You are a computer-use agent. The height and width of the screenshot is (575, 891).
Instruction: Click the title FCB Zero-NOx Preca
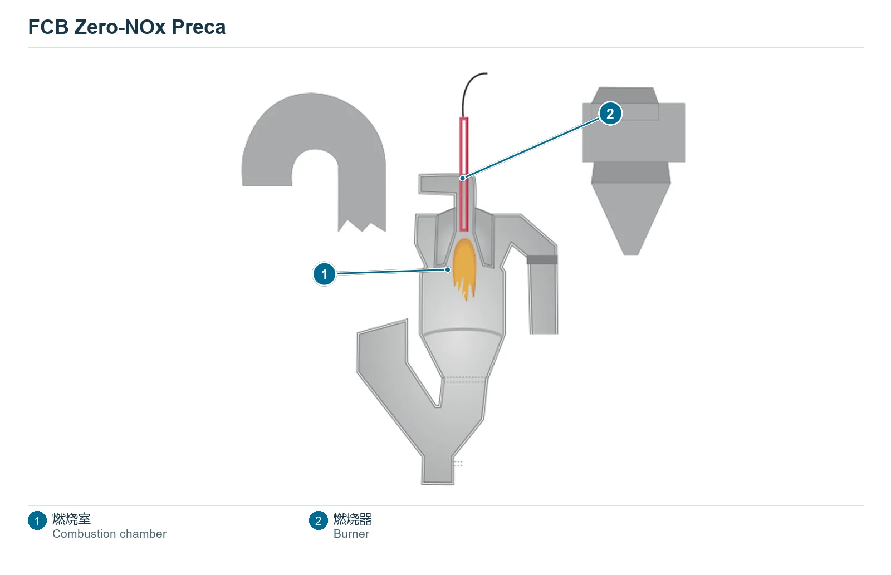coord(126,27)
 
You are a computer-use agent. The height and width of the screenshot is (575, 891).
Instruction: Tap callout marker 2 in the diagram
coord(610,114)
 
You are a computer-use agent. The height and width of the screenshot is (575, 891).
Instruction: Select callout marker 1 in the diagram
coord(324,274)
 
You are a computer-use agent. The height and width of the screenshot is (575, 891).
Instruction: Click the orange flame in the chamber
coord(464,267)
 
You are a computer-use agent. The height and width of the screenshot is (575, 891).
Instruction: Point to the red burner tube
coord(464,174)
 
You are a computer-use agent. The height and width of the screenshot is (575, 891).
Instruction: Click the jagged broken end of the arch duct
coord(362,226)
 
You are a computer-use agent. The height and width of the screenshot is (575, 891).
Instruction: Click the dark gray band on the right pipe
coord(542,259)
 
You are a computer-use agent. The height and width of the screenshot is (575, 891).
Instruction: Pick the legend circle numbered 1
coord(37,520)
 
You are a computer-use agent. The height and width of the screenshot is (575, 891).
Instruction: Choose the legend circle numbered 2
coord(318,520)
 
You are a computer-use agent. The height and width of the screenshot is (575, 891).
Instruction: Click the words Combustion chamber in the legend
coord(109,534)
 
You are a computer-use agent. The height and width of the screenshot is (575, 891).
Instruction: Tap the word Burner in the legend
coord(351,534)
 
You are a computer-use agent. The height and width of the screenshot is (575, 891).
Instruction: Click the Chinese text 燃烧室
coord(72,519)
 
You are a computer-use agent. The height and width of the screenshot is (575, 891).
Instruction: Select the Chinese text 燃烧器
coord(353,519)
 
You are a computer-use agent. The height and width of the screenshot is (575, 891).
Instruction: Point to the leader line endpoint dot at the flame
coord(448,269)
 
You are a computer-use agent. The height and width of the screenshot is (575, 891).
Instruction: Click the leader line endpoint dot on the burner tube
coord(462,178)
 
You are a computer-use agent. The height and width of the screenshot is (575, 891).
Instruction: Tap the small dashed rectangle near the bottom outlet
coord(458,464)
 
